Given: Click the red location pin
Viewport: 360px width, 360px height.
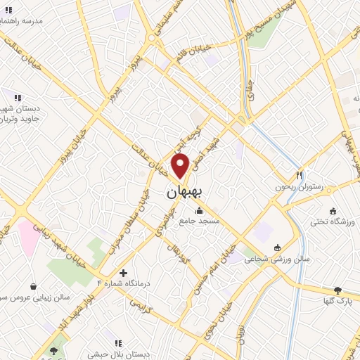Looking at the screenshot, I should pos(181,165).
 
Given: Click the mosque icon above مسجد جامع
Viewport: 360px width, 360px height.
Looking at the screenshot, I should pos(200,209).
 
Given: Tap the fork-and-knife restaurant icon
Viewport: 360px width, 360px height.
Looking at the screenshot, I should pos(299,175).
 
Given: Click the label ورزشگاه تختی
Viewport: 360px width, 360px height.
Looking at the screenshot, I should pos(333,224).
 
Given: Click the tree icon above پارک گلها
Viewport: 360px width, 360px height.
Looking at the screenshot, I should pos(337,290).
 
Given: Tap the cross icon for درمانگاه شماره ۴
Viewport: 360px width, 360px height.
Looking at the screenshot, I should pos(124,272).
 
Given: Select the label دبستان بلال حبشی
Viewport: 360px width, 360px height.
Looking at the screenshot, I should pos(117,356).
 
